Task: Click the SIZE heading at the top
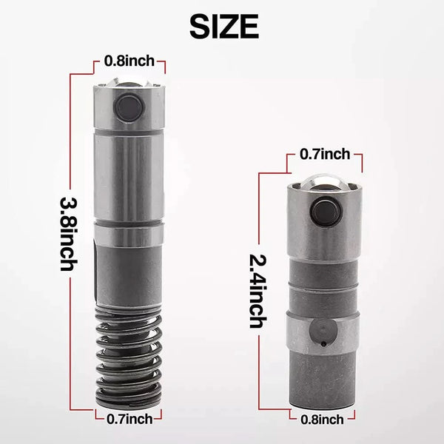point(224,27)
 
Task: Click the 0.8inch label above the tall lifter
point(129,61)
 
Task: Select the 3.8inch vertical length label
point(69,234)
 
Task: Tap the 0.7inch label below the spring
point(129,419)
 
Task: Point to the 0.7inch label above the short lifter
point(325,155)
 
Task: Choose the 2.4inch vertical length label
point(258,291)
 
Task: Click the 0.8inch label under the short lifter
point(322,420)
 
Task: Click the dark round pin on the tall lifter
point(129,107)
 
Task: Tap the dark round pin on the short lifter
point(326,211)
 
